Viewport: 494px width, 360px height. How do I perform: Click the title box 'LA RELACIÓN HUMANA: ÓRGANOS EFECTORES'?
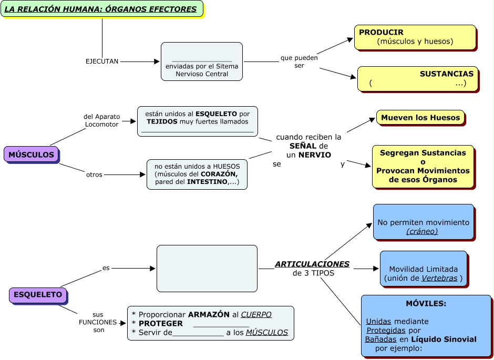click(x=102, y=9)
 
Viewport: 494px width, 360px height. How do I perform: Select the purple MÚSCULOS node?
click(x=32, y=155)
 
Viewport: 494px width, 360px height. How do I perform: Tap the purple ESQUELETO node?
click(x=38, y=295)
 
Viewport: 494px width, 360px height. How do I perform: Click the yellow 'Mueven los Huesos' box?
click(x=420, y=118)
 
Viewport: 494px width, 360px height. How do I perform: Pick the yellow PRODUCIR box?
click(x=415, y=37)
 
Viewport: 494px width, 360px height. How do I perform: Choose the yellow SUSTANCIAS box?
click(x=417, y=78)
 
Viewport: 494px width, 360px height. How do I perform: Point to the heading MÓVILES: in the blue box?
click(x=426, y=304)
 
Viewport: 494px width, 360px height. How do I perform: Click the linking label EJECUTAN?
click(x=102, y=61)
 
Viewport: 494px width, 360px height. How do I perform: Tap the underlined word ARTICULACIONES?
click(x=312, y=264)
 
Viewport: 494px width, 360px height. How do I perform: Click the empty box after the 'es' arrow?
click(x=207, y=268)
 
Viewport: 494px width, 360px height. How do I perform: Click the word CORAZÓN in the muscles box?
click(x=219, y=174)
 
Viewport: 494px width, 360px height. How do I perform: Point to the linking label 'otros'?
click(x=94, y=174)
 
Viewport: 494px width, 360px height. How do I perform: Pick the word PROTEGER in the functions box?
click(x=161, y=323)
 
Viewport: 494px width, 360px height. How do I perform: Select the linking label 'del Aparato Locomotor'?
click(x=102, y=120)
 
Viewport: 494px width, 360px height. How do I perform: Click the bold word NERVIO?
click(x=315, y=155)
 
